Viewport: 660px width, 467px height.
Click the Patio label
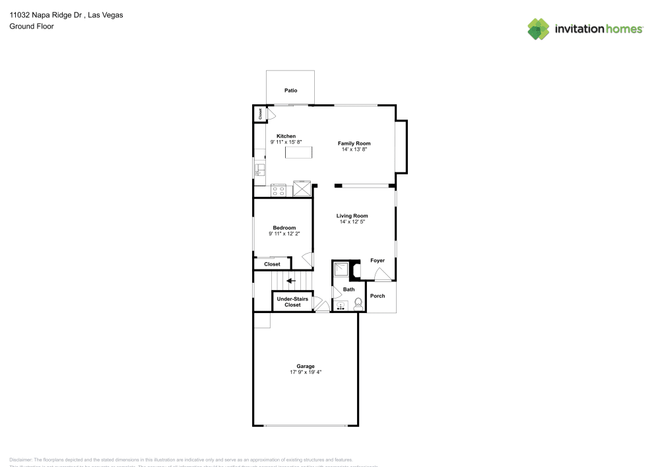290,90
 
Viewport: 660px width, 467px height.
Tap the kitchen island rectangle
298,153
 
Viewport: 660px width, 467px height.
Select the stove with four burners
279,191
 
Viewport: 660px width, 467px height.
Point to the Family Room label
354,143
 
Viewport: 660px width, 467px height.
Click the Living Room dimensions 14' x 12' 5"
352,222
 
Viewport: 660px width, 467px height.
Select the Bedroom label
284,228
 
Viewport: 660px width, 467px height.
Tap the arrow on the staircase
290,280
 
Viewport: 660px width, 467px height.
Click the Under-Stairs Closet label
292,302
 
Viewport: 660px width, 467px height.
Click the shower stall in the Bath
342,269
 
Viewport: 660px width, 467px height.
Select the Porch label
377,296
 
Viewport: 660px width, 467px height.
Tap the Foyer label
377,261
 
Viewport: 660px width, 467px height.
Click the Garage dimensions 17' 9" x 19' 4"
306,372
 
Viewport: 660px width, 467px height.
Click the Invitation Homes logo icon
539,28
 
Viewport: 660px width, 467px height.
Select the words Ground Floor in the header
32,26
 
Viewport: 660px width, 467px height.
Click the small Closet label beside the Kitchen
260,114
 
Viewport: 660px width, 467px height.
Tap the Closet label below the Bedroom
272,264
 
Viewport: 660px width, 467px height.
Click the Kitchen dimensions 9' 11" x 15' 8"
286,142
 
